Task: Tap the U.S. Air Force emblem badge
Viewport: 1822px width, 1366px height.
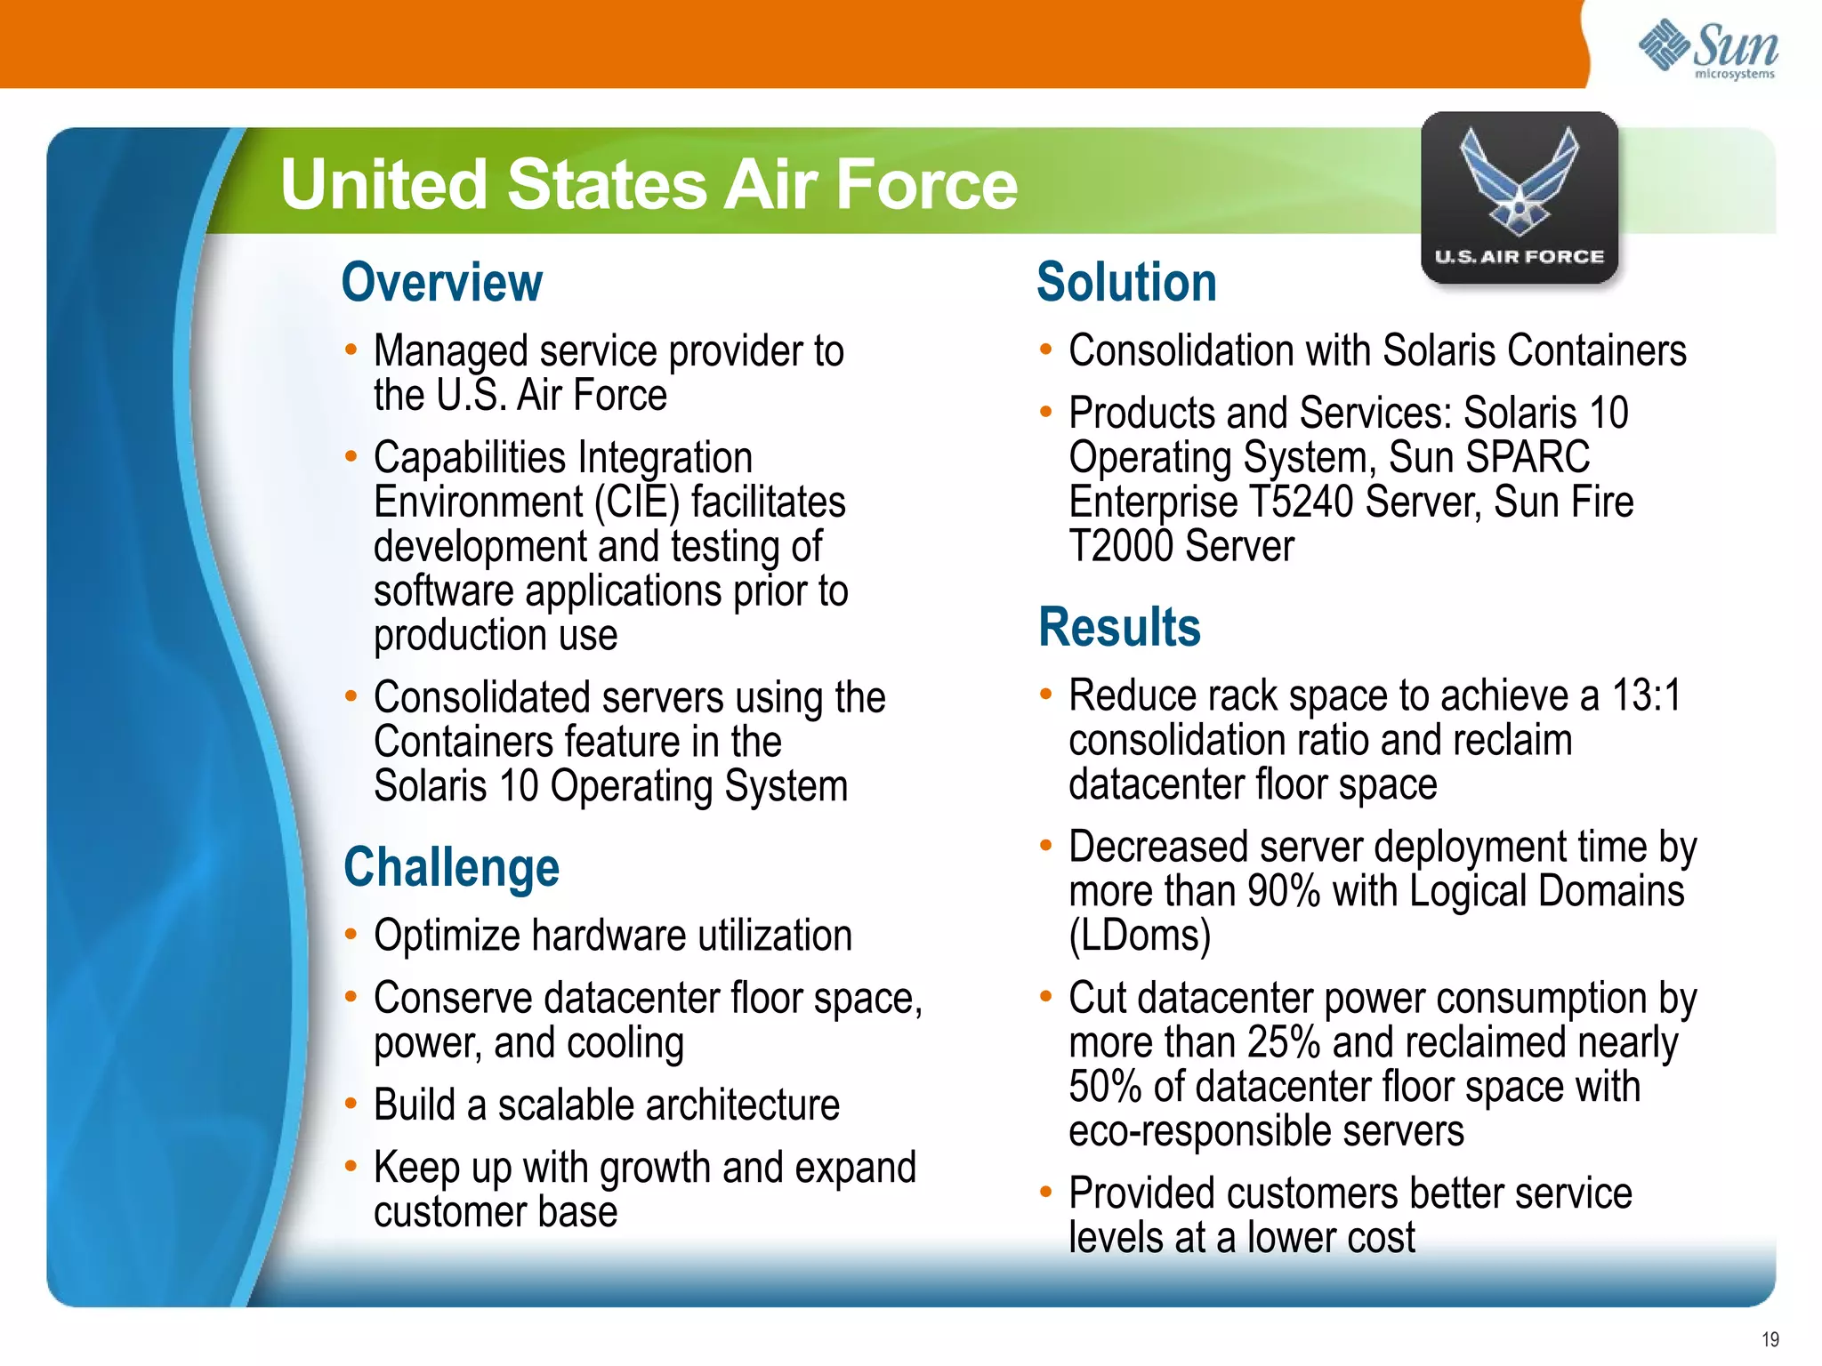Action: pyautogui.click(x=1520, y=197)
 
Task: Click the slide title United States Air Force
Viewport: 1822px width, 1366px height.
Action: pyautogui.click(x=649, y=184)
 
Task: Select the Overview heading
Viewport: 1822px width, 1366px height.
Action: pyautogui.click(x=441, y=283)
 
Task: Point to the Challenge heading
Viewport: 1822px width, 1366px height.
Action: pyautogui.click(x=451, y=867)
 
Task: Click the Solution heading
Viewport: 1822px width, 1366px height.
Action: pyautogui.click(x=1126, y=283)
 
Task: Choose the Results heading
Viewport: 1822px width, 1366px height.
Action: pyautogui.click(x=1119, y=627)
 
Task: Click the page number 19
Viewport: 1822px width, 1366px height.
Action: pyautogui.click(x=1770, y=1339)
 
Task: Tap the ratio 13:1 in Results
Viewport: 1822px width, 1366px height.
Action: pyautogui.click(x=1646, y=695)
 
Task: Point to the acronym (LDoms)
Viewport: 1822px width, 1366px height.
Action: pyautogui.click(x=1140, y=936)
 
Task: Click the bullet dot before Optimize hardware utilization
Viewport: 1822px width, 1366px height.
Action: pyautogui.click(x=351, y=935)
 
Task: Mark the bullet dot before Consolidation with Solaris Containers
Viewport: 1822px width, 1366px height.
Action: pyautogui.click(x=1046, y=350)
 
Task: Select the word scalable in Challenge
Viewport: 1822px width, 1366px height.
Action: pyautogui.click(x=566, y=1105)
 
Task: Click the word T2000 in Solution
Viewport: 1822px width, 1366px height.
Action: pyautogui.click(x=1120, y=546)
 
